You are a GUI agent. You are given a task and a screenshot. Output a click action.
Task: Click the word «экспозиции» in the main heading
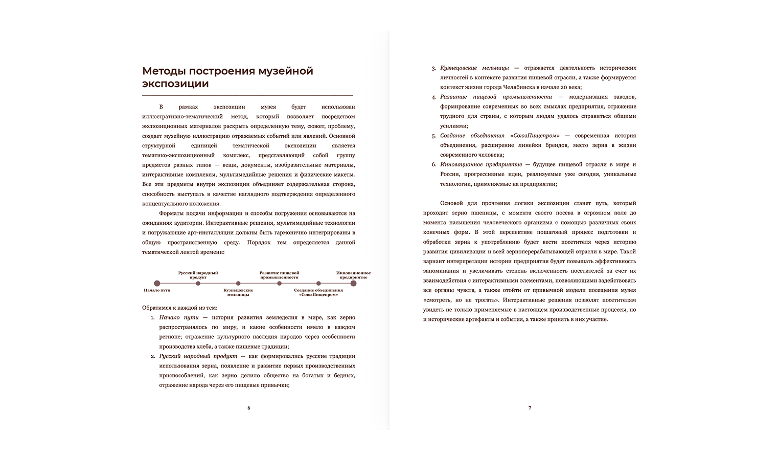click(175, 84)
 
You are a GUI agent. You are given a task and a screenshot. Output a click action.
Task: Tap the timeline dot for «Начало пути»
click(157, 283)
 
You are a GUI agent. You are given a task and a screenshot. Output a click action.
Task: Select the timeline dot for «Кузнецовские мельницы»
click(238, 283)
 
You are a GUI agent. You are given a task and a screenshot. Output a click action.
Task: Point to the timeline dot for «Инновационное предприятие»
click(353, 283)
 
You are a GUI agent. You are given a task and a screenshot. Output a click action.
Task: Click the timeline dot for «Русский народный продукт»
click(198, 283)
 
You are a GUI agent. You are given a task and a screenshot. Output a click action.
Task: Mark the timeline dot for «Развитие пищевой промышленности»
click(279, 283)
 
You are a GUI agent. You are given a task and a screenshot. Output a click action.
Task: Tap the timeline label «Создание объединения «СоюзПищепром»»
click(318, 292)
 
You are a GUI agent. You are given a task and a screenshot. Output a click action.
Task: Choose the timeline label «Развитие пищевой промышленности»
click(279, 275)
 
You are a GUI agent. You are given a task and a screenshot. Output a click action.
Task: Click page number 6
click(249, 408)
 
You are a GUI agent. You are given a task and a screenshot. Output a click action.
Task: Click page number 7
click(530, 408)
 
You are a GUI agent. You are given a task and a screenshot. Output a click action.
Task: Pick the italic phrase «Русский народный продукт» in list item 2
click(198, 356)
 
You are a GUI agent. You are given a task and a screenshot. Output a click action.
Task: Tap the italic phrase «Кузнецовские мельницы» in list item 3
click(474, 68)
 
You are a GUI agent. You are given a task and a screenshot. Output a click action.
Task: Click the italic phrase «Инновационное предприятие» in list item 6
click(481, 165)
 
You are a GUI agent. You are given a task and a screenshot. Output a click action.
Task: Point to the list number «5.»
click(434, 136)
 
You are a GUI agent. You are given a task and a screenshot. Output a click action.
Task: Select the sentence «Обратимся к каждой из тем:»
click(179, 308)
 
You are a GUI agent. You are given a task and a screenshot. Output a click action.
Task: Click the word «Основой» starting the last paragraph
click(451, 203)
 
